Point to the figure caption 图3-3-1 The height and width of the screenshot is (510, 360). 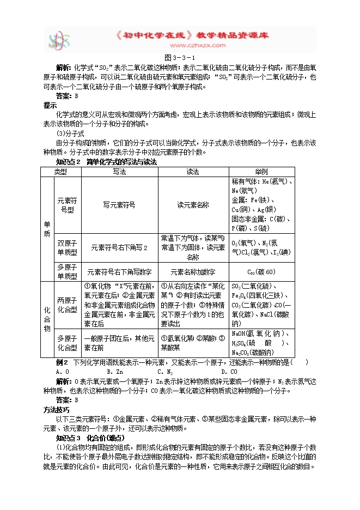180,58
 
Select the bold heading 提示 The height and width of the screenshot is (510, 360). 50,105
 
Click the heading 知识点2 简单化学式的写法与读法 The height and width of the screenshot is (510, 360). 107,162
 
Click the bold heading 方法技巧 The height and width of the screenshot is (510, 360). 57,409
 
